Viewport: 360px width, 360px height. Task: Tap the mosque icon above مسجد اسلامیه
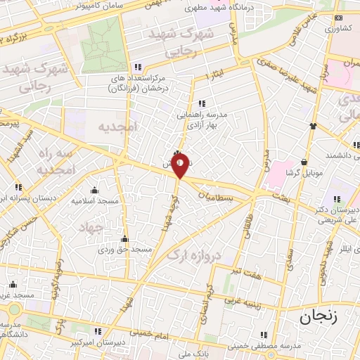click(x=94, y=190)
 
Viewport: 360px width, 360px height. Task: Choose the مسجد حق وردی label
click(x=124, y=250)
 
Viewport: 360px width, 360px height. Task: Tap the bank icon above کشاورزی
click(x=339, y=18)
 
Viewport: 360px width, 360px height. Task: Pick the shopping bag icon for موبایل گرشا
click(x=304, y=161)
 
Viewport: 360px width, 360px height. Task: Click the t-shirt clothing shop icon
click(x=313, y=127)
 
